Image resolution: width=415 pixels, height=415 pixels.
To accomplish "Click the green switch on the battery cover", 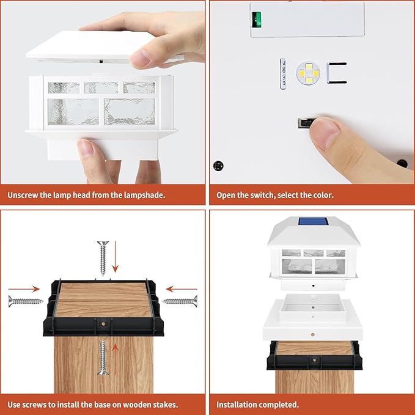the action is [x=257, y=20].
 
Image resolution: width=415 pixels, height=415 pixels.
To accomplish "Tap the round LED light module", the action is [x=308, y=73].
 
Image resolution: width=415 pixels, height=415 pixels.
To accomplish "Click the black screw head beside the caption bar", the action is [x=218, y=166].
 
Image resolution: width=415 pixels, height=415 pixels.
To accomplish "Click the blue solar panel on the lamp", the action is [x=313, y=221].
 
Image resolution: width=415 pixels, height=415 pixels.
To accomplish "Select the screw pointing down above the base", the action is [x=103, y=258].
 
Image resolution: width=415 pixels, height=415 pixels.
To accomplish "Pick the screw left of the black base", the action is [x=26, y=301].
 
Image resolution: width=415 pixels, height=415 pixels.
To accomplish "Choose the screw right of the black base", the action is [x=180, y=301].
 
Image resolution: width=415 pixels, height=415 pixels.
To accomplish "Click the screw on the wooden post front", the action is [x=103, y=358].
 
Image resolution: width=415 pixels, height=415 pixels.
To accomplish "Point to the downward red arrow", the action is [x=115, y=257].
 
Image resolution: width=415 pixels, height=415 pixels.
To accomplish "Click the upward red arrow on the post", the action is [x=115, y=359].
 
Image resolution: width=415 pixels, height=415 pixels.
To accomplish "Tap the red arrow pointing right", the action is [x=24, y=289].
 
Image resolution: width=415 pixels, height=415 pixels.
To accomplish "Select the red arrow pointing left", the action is [x=182, y=289].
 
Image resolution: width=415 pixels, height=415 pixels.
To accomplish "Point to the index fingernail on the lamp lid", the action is [x=140, y=57].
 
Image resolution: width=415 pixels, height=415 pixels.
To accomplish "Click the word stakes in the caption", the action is [x=164, y=405].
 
